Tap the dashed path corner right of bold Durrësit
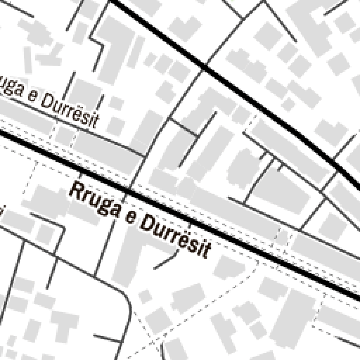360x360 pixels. tap(257, 262)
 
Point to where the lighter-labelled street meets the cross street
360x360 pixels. tap(144, 155)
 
